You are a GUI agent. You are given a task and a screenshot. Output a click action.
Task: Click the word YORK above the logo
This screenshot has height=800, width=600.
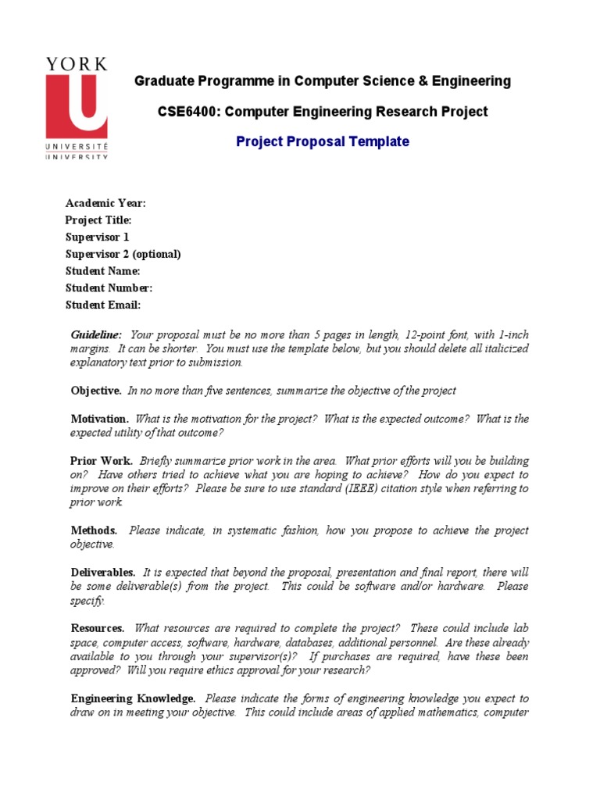(x=77, y=65)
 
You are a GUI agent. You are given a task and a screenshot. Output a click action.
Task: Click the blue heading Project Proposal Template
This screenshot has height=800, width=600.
(x=323, y=141)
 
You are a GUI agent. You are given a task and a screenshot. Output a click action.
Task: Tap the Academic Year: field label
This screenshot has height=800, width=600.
(x=105, y=203)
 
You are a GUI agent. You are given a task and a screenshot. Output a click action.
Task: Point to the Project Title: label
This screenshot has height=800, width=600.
(x=98, y=220)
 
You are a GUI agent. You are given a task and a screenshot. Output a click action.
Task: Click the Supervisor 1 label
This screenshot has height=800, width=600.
(x=98, y=237)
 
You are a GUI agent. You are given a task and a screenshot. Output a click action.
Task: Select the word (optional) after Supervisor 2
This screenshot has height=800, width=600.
(x=156, y=254)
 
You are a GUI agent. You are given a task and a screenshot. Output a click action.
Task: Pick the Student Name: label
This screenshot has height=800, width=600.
(x=102, y=271)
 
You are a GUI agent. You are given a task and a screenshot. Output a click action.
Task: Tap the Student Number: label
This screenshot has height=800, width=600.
(x=108, y=287)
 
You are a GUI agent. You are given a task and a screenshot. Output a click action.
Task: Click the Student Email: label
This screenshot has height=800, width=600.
(x=103, y=305)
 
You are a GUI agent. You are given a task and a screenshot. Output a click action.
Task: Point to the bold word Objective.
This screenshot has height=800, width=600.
(x=96, y=391)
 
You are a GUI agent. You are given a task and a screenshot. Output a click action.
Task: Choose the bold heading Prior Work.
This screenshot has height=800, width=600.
(x=102, y=461)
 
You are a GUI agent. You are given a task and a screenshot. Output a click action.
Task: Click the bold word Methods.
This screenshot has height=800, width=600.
(x=95, y=530)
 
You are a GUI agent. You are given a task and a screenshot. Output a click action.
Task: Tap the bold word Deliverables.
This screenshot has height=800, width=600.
(x=103, y=573)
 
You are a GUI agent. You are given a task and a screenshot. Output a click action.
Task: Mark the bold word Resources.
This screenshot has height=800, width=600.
(x=98, y=628)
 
